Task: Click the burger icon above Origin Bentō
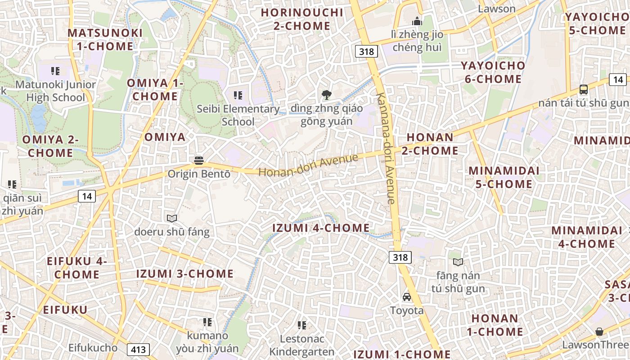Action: point(199,160)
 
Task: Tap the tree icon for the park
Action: point(327,94)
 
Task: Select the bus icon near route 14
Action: point(584,89)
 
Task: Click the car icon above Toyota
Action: point(407,297)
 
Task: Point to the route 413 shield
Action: point(138,349)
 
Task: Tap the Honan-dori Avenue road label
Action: point(308,166)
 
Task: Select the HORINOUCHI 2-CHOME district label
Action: point(302,19)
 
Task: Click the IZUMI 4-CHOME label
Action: point(321,228)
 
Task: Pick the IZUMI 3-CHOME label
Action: point(185,274)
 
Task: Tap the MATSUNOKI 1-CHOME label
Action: point(105,40)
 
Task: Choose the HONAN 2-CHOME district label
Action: point(430,144)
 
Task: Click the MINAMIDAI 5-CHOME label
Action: point(500,177)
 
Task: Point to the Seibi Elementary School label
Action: point(238,115)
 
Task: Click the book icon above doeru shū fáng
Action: point(172,219)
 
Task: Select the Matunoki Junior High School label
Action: point(55,91)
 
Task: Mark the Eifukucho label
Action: point(93,348)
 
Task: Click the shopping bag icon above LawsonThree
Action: point(599,332)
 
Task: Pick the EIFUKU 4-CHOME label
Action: point(77,268)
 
